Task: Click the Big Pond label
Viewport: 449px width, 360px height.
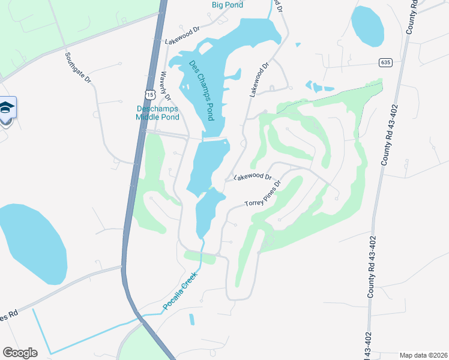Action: [227, 5]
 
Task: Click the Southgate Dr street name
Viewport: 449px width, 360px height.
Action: [78, 67]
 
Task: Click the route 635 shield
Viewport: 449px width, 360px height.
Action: [385, 62]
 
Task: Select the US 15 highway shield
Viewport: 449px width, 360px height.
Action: [149, 94]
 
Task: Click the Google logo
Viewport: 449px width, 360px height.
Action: [20, 353]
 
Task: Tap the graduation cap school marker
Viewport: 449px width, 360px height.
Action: [7, 108]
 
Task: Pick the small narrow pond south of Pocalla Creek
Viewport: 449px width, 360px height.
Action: [191, 319]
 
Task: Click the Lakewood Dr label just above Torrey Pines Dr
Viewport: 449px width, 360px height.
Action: [253, 178]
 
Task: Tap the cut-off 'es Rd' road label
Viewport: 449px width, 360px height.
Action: [9, 315]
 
